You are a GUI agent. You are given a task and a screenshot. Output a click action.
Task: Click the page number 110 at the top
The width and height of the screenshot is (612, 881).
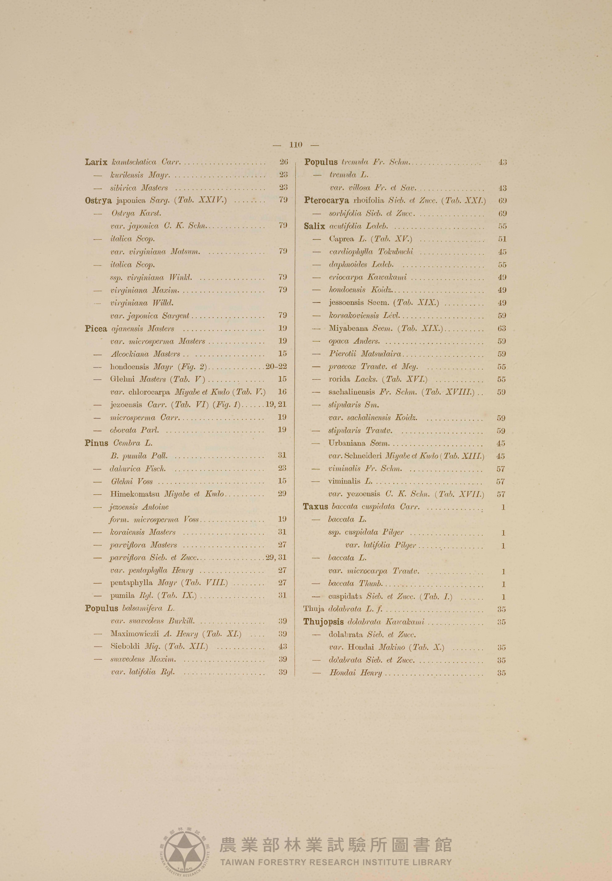point(295,145)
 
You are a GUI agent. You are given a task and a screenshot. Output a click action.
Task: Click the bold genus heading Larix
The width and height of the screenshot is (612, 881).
point(96,162)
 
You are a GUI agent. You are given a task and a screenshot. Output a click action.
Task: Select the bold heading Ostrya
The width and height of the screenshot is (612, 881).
point(98,200)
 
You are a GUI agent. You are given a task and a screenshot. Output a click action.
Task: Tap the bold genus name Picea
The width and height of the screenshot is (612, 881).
point(96,328)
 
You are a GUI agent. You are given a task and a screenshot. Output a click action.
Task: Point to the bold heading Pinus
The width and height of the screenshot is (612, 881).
point(96,443)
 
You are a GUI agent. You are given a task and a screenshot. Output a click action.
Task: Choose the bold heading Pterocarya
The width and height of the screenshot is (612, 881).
point(326,200)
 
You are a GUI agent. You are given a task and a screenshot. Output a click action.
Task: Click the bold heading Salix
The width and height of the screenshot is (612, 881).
point(314,226)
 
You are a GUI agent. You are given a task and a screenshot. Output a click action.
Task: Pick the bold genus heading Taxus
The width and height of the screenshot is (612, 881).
point(315,506)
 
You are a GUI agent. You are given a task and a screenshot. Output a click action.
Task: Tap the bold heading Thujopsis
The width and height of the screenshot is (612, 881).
point(323,622)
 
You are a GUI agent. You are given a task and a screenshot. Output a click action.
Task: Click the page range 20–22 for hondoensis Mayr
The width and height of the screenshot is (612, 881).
point(276,367)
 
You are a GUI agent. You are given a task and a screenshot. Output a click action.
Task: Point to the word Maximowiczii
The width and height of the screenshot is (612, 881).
point(134,634)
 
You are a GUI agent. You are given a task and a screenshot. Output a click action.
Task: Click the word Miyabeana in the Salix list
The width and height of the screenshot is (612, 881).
point(348,328)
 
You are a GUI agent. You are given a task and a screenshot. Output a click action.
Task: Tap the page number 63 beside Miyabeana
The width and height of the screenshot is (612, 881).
point(502,328)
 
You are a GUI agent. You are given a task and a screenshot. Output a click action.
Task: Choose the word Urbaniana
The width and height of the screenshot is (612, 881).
point(346,443)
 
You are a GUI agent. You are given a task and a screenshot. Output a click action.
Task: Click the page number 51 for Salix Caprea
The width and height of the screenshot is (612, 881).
point(502,239)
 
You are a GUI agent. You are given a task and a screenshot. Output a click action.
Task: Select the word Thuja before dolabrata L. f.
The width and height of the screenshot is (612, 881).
point(314,609)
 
